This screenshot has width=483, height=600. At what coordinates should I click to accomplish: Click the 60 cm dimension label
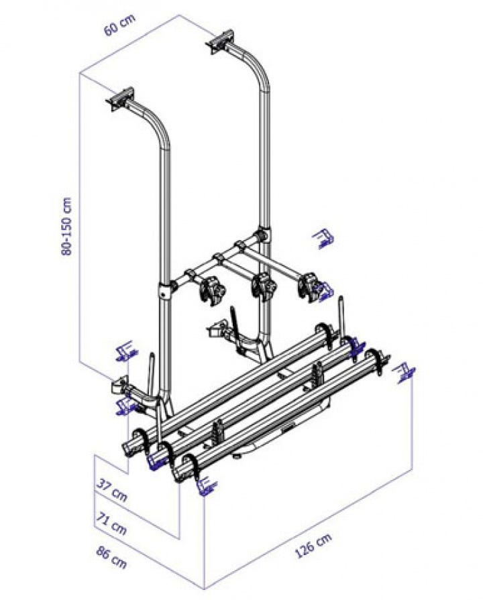click(119, 25)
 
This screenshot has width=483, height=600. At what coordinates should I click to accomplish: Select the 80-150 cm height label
click(66, 226)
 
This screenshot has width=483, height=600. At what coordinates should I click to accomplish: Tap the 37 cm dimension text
click(111, 490)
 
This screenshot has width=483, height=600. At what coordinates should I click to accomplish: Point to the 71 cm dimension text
click(111, 524)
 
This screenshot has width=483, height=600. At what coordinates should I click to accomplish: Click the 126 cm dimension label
click(313, 546)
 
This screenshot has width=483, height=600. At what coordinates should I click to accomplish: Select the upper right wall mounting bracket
click(220, 42)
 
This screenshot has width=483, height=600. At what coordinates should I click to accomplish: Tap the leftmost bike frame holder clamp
click(211, 290)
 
